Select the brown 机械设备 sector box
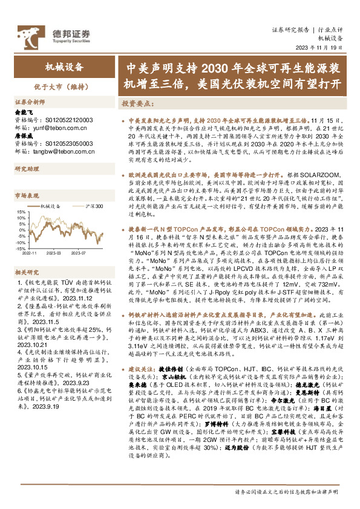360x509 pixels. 61,66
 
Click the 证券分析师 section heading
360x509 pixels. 30,102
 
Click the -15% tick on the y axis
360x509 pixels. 19,248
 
